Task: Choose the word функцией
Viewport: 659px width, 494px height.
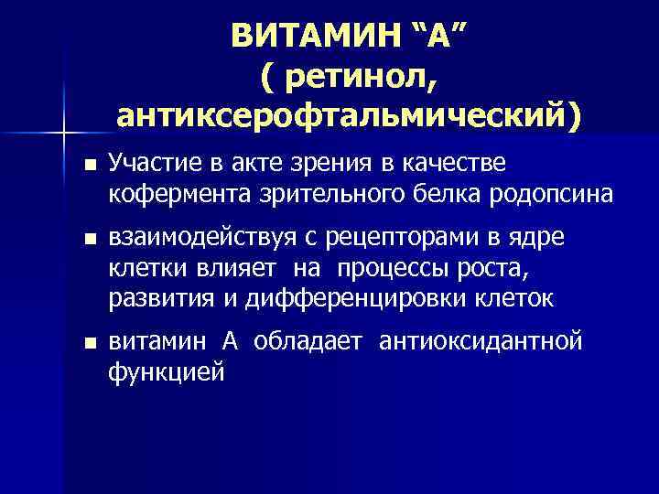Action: coord(166,372)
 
